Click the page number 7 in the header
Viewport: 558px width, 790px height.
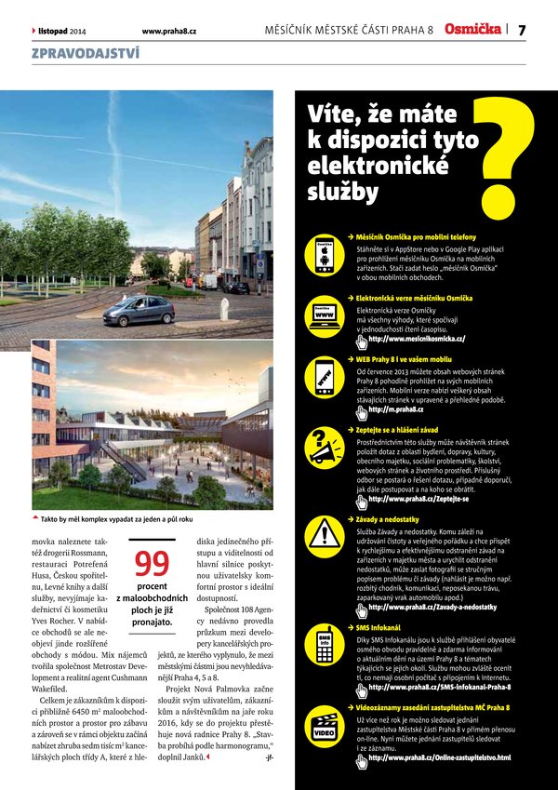click(522, 30)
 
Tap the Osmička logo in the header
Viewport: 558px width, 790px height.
click(473, 30)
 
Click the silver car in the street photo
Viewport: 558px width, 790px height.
click(139, 310)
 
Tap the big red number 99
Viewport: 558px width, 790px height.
click(152, 564)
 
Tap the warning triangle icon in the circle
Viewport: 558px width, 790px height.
click(325, 534)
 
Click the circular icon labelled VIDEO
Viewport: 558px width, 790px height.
click(325, 731)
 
